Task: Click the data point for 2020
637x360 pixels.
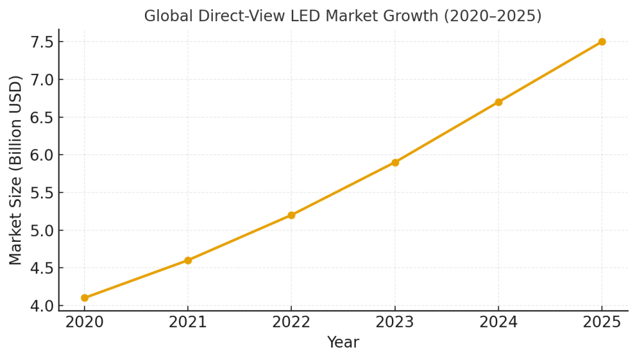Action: pos(85,298)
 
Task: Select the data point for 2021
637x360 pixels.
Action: pos(188,261)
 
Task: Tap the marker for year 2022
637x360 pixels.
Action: pos(291,215)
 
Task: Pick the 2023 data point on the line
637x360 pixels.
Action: pos(395,162)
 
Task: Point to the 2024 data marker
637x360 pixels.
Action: pos(498,102)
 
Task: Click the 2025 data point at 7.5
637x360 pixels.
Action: pos(602,42)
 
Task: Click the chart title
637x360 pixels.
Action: pos(343,16)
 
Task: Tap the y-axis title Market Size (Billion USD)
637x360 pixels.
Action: pos(16,170)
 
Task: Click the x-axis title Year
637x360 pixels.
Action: pos(343,343)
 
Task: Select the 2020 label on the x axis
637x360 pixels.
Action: pos(85,322)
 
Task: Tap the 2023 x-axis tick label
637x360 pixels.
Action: pos(395,322)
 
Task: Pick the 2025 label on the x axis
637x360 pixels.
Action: pos(602,322)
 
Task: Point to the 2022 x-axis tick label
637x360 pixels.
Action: pos(291,322)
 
